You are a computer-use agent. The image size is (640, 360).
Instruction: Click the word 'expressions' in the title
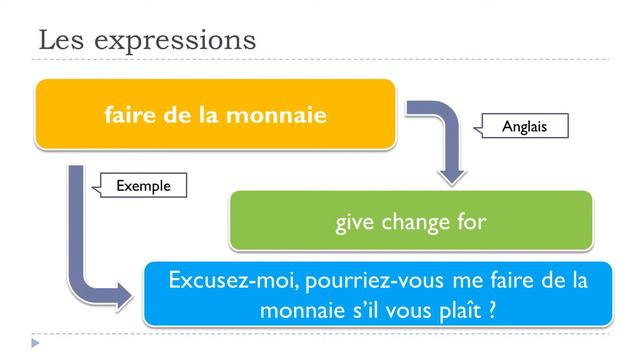click(x=174, y=41)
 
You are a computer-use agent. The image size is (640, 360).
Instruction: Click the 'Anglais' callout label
click(x=525, y=126)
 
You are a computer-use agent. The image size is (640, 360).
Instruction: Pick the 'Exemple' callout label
click(x=144, y=185)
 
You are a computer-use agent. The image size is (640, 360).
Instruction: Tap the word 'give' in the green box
click(x=355, y=221)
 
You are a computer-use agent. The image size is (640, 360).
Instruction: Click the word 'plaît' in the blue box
click(x=459, y=310)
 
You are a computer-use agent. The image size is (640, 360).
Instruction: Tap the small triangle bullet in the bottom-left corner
click(x=36, y=343)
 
